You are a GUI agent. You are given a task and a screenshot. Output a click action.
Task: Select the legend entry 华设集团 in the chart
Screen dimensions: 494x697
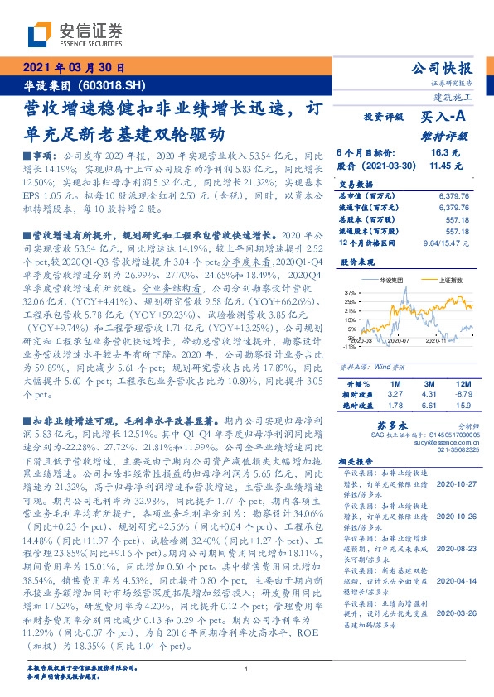(380, 281)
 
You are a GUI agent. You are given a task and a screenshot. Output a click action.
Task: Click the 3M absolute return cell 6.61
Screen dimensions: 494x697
(429, 405)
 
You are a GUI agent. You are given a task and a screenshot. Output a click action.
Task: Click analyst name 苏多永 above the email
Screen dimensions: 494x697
(388, 423)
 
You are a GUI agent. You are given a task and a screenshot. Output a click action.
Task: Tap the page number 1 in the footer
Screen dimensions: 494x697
(247, 669)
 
